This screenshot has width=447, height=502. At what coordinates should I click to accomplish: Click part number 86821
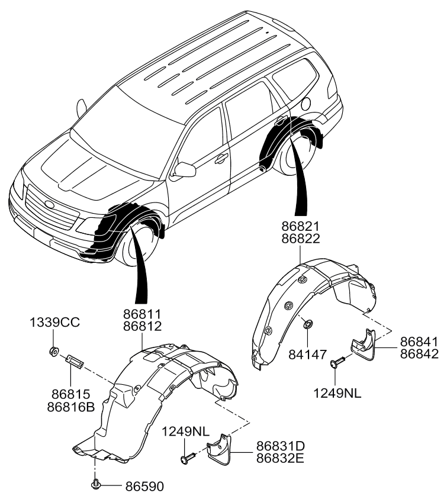coord(301,226)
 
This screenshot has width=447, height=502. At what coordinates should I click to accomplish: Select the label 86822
coord(301,239)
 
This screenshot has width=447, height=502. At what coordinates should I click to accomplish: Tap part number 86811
coord(143,314)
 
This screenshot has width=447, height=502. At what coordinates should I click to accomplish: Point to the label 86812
coord(143,326)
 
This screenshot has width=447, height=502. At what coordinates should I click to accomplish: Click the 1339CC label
coord(54,323)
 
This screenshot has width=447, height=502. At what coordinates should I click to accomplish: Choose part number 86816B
coord(71,407)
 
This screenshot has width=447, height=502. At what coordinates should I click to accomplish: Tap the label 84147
coord(308,355)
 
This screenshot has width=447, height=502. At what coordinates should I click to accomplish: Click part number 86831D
coord(280,446)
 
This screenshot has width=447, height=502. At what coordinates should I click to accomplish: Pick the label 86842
coord(419,354)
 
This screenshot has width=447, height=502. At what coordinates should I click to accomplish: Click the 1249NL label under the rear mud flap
coord(337,394)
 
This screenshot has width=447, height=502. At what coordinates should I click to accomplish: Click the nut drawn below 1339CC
coord(54,351)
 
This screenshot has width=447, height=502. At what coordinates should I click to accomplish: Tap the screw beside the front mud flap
coord(189,457)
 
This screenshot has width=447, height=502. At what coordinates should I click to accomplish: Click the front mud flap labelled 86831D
coord(219,448)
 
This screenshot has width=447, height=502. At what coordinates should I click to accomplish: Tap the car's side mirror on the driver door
coord(185,169)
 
